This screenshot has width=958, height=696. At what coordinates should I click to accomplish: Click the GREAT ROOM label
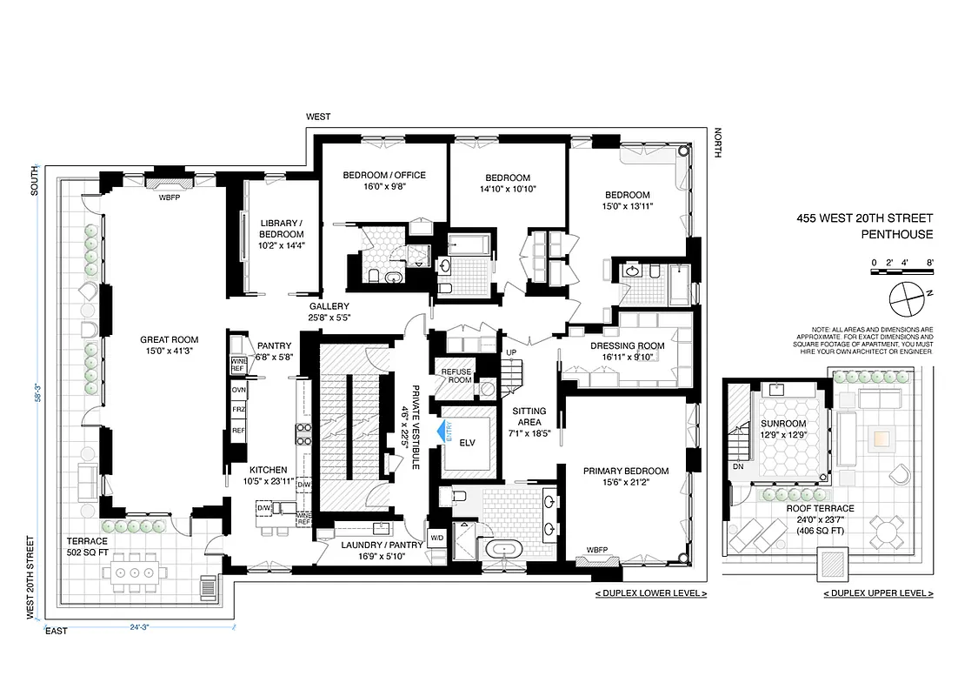(x=170, y=340)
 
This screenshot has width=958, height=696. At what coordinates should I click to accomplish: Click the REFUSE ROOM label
(x=456, y=376)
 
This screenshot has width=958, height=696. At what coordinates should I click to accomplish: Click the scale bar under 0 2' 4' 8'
(x=902, y=273)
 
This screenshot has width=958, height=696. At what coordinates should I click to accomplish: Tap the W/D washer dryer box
(x=436, y=538)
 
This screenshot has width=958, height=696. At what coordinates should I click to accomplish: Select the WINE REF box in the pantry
(x=238, y=365)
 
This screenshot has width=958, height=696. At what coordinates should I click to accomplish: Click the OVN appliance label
(x=237, y=391)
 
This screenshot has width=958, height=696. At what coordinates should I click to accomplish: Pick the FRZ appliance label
(x=237, y=410)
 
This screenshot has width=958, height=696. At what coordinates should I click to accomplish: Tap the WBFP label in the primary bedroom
(x=596, y=550)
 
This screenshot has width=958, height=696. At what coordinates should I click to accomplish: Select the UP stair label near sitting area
(x=510, y=352)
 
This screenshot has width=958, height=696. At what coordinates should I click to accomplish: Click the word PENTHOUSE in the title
(x=896, y=234)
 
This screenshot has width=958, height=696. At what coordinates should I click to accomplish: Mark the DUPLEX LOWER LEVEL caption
(x=651, y=593)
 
